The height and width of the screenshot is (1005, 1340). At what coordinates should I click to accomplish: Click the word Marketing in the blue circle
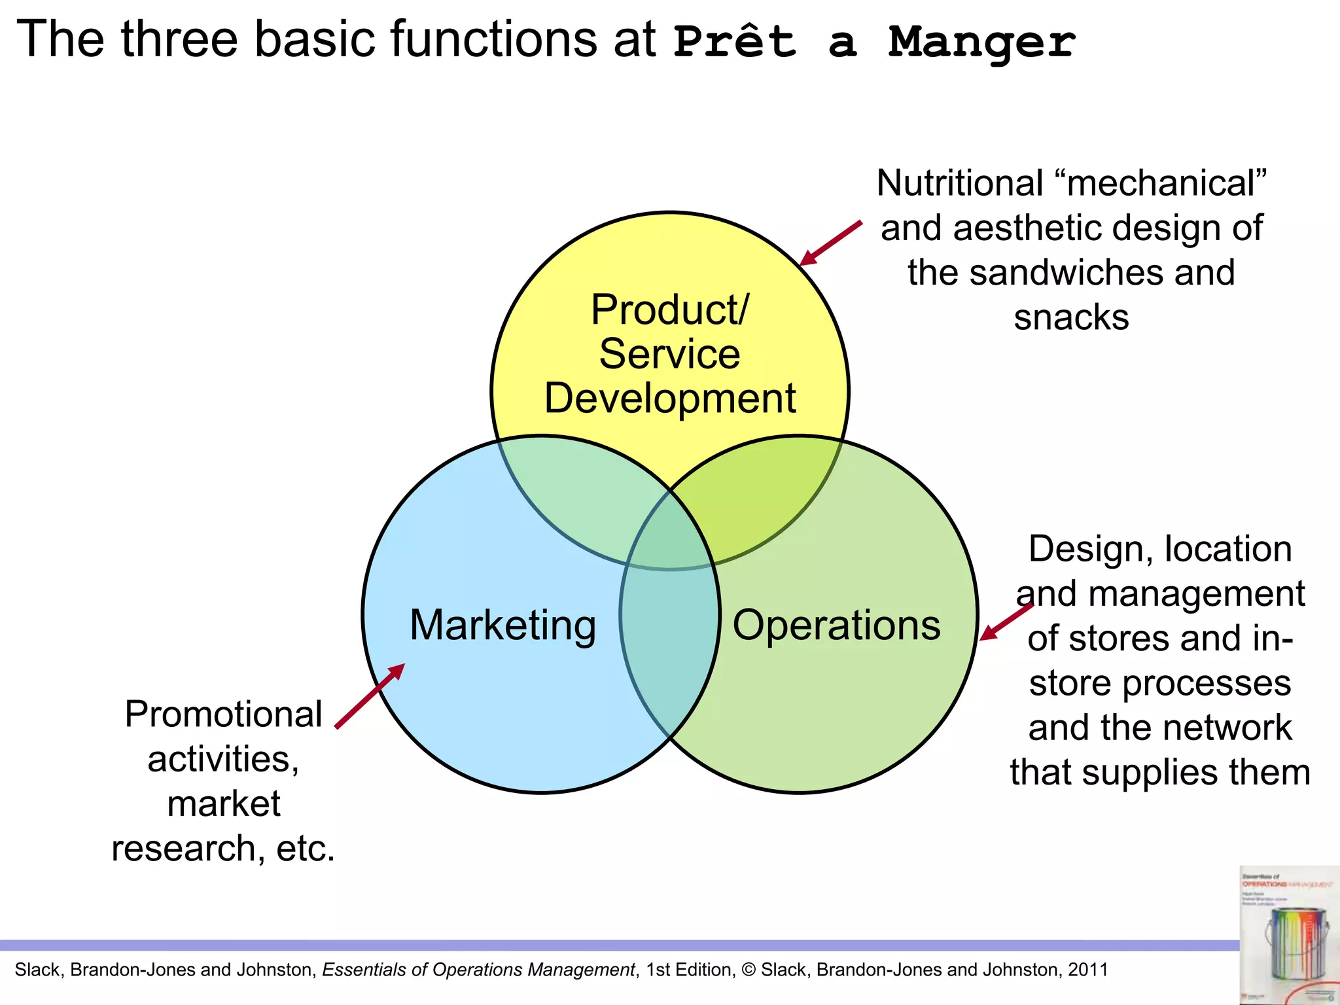coord(502,626)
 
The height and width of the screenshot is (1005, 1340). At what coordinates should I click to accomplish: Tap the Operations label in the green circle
coord(836,626)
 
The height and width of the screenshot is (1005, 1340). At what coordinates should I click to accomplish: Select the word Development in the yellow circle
coord(670,398)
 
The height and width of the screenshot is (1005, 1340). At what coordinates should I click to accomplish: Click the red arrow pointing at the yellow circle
coord(831,243)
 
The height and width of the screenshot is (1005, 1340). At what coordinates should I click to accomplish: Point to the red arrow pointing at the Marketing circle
coord(370,696)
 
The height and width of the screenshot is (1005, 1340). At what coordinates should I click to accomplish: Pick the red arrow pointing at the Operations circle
coord(1006,621)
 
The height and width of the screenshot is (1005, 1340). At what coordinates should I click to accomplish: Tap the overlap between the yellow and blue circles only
coord(576,497)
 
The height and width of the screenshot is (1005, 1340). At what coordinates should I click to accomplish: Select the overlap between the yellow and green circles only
coord(766,497)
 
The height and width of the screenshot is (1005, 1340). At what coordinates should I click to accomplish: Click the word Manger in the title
coord(981,42)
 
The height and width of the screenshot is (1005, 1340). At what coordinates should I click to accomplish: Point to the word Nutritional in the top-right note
coord(959,183)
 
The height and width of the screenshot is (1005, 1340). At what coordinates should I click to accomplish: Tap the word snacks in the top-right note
coord(1071,318)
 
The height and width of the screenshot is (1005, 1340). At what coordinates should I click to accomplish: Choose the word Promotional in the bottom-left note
coord(223,714)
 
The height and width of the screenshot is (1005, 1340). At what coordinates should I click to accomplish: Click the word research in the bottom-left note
coord(183,849)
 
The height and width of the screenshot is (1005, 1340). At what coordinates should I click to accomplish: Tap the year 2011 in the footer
coord(1088,970)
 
